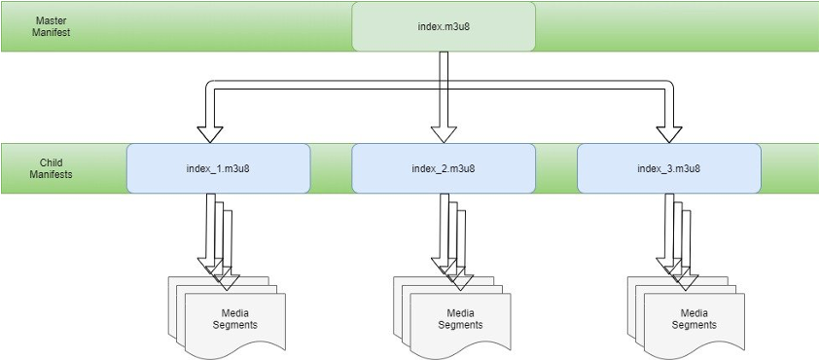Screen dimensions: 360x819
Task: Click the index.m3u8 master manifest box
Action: [444, 26]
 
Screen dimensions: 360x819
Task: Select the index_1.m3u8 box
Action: [218, 167]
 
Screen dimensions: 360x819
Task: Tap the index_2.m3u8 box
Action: [444, 167]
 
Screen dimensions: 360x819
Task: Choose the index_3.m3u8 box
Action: [669, 167]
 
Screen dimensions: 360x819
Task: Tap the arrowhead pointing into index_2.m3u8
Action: [444, 133]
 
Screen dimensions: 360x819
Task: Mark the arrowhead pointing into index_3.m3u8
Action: [668, 133]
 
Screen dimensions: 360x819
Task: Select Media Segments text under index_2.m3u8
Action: [460, 318]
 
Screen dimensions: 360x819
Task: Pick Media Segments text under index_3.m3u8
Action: [694, 318]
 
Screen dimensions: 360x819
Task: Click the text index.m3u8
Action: [444, 26]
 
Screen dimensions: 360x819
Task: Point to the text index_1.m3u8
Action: [218, 168]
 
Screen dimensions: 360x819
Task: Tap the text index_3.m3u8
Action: [669, 168]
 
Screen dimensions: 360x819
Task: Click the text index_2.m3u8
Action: [444, 168]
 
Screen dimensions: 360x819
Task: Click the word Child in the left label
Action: [52, 162]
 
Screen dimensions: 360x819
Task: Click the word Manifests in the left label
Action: [52, 175]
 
